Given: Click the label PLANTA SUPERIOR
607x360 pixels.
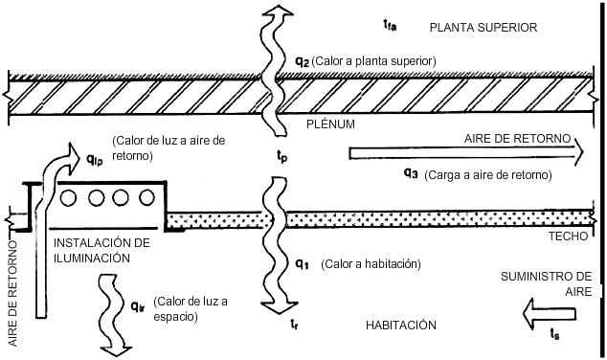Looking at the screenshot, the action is (x=483, y=28).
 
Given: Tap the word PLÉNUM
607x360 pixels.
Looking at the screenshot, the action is (x=330, y=124).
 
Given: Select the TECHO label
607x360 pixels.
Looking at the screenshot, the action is (x=568, y=236).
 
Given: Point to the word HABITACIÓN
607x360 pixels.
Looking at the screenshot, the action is (x=400, y=326).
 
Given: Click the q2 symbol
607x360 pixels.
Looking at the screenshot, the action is (x=302, y=62).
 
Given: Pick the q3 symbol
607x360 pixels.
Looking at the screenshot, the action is (x=411, y=173).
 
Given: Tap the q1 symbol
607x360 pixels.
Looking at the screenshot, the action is (x=302, y=264).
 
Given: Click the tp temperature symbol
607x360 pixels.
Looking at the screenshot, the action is (x=281, y=156).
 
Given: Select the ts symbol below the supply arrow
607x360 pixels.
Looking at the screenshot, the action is (x=554, y=333).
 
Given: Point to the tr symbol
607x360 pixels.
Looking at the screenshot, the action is (x=294, y=324).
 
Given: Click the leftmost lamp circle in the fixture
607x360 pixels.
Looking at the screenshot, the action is (x=69, y=198).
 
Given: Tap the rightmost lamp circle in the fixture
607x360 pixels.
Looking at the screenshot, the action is (x=146, y=198).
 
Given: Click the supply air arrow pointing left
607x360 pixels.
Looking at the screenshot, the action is (x=549, y=314).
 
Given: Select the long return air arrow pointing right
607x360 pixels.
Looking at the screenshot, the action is (x=466, y=152).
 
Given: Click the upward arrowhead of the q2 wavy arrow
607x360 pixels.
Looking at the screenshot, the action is (x=278, y=11).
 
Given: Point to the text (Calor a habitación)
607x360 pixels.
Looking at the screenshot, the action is (x=371, y=264).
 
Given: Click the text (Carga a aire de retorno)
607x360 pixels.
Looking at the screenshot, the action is (x=488, y=175).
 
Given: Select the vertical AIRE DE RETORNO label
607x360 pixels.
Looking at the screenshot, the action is (x=12, y=293).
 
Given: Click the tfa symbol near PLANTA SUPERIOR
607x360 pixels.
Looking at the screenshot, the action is (x=390, y=26).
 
